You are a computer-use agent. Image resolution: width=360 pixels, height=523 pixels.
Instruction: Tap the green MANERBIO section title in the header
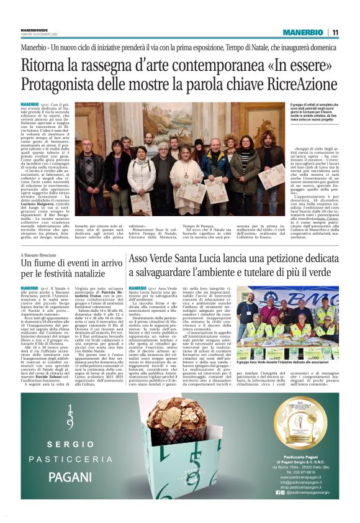pyautogui.click(x=304, y=32)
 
